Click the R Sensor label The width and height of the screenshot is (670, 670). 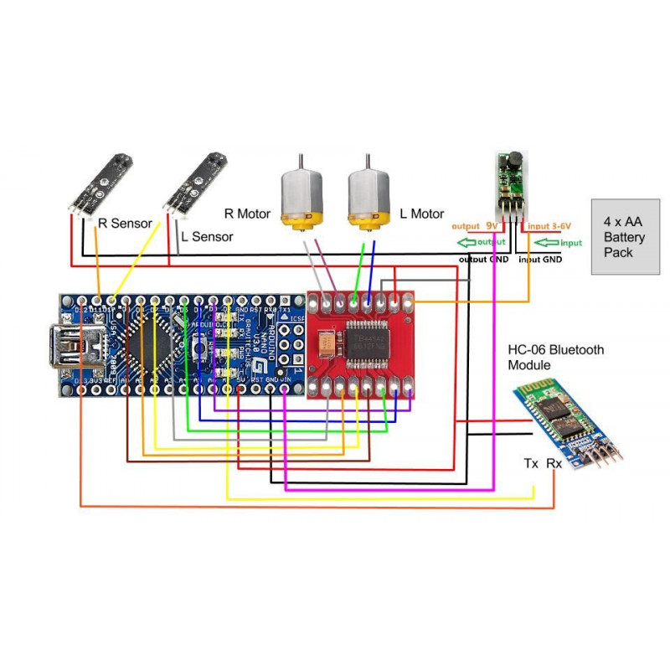(125, 224)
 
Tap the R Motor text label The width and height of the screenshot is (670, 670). (247, 214)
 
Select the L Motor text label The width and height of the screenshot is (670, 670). (421, 214)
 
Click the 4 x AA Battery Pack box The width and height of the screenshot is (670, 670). (625, 237)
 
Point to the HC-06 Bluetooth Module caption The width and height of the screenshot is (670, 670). (556, 358)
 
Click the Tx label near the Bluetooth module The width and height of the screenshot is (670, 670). (531, 463)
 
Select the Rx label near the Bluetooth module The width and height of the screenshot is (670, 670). (554, 463)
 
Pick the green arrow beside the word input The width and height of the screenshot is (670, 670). (547, 243)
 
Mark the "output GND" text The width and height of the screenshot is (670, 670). (483, 260)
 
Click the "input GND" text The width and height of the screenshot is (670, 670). (541, 260)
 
